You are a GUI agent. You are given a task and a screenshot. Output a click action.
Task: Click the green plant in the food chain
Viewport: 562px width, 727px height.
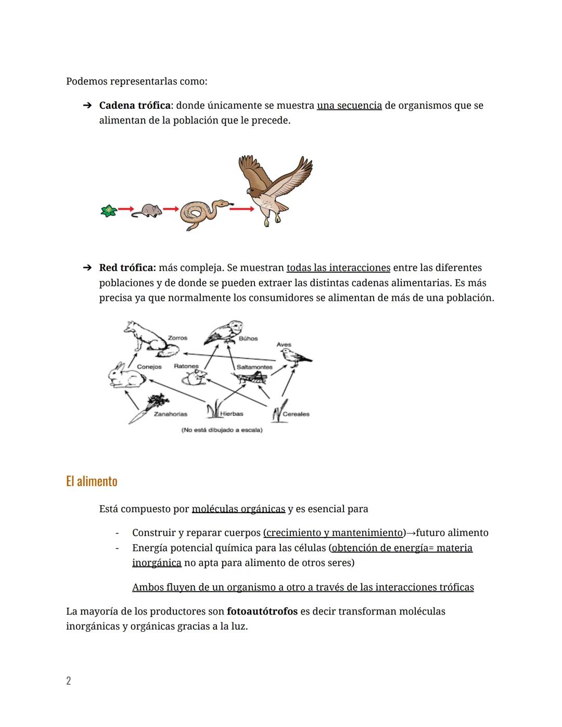(x=108, y=211)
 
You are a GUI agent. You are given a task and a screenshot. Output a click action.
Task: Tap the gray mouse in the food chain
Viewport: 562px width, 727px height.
(x=147, y=210)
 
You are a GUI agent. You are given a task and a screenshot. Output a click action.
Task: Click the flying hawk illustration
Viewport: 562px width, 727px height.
(x=274, y=189)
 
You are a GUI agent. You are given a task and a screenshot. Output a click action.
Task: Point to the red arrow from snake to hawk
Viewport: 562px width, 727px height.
(x=241, y=209)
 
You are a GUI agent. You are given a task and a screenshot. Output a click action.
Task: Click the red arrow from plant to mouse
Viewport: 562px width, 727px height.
(x=125, y=209)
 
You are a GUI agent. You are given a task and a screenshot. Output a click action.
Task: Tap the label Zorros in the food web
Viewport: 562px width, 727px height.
(x=177, y=338)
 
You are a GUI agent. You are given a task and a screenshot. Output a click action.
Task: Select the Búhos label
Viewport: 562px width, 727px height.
(x=248, y=338)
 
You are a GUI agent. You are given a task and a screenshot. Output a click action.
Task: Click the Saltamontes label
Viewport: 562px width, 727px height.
(x=254, y=367)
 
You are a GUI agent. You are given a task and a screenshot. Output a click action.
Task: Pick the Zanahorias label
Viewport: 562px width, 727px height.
(x=170, y=414)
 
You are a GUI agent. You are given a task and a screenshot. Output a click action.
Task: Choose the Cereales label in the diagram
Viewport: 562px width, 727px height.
(x=296, y=414)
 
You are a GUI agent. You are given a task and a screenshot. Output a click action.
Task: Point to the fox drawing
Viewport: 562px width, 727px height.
(x=146, y=338)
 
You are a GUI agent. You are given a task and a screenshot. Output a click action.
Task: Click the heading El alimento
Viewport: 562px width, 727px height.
(x=92, y=481)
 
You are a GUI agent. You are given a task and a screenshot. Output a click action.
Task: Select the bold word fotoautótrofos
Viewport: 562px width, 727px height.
(x=262, y=611)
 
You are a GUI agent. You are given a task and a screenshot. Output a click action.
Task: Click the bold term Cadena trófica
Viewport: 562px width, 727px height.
(x=135, y=105)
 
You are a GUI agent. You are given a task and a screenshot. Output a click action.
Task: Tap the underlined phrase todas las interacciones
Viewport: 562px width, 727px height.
(x=338, y=267)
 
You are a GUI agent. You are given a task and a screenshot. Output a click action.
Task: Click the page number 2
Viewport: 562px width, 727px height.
(x=68, y=681)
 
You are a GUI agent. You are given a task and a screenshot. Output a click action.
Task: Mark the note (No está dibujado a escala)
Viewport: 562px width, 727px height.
(x=222, y=430)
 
